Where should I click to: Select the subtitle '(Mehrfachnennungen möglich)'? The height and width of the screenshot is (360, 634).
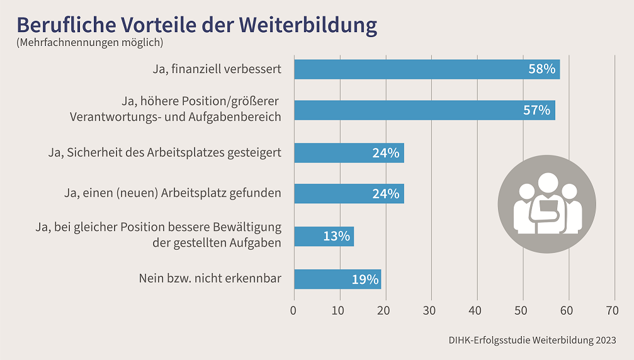coord(89,43)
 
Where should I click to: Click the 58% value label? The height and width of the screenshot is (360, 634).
coord(541,69)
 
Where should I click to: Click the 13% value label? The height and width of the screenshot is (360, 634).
coord(336,237)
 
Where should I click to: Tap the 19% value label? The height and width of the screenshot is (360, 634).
coord(365,279)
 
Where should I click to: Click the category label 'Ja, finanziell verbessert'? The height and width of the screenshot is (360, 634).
coord(217,69)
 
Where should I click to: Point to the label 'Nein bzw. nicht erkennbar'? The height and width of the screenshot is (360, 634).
coord(210,278)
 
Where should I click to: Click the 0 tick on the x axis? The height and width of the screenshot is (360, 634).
coord(293,310)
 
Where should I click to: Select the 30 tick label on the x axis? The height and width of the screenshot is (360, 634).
coord(431,310)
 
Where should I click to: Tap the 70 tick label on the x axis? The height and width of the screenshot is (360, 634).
coord(612,310)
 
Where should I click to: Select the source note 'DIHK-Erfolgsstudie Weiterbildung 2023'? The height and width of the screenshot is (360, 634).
coord(532,340)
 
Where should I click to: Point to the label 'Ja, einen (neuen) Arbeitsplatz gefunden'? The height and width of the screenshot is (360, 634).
coord(173,193)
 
